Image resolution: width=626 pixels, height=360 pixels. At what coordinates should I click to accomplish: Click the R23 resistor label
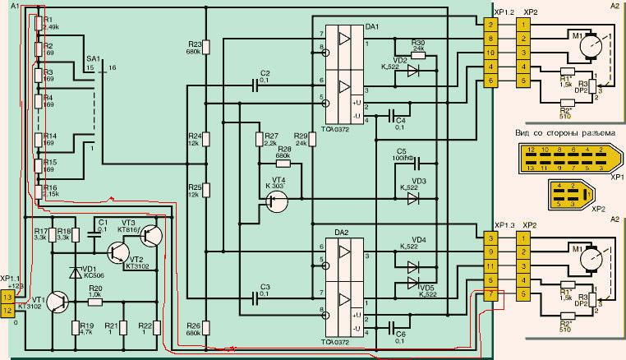[x=194, y=44]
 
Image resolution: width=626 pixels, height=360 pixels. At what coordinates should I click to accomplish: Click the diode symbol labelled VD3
[x=414, y=197]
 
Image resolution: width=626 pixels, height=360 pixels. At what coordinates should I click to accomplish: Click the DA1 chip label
[x=371, y=27]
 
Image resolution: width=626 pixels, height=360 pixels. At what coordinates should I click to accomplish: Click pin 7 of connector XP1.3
[x=490, y=294]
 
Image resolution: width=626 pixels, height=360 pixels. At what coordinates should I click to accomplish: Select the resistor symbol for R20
[x=95, y=302]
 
